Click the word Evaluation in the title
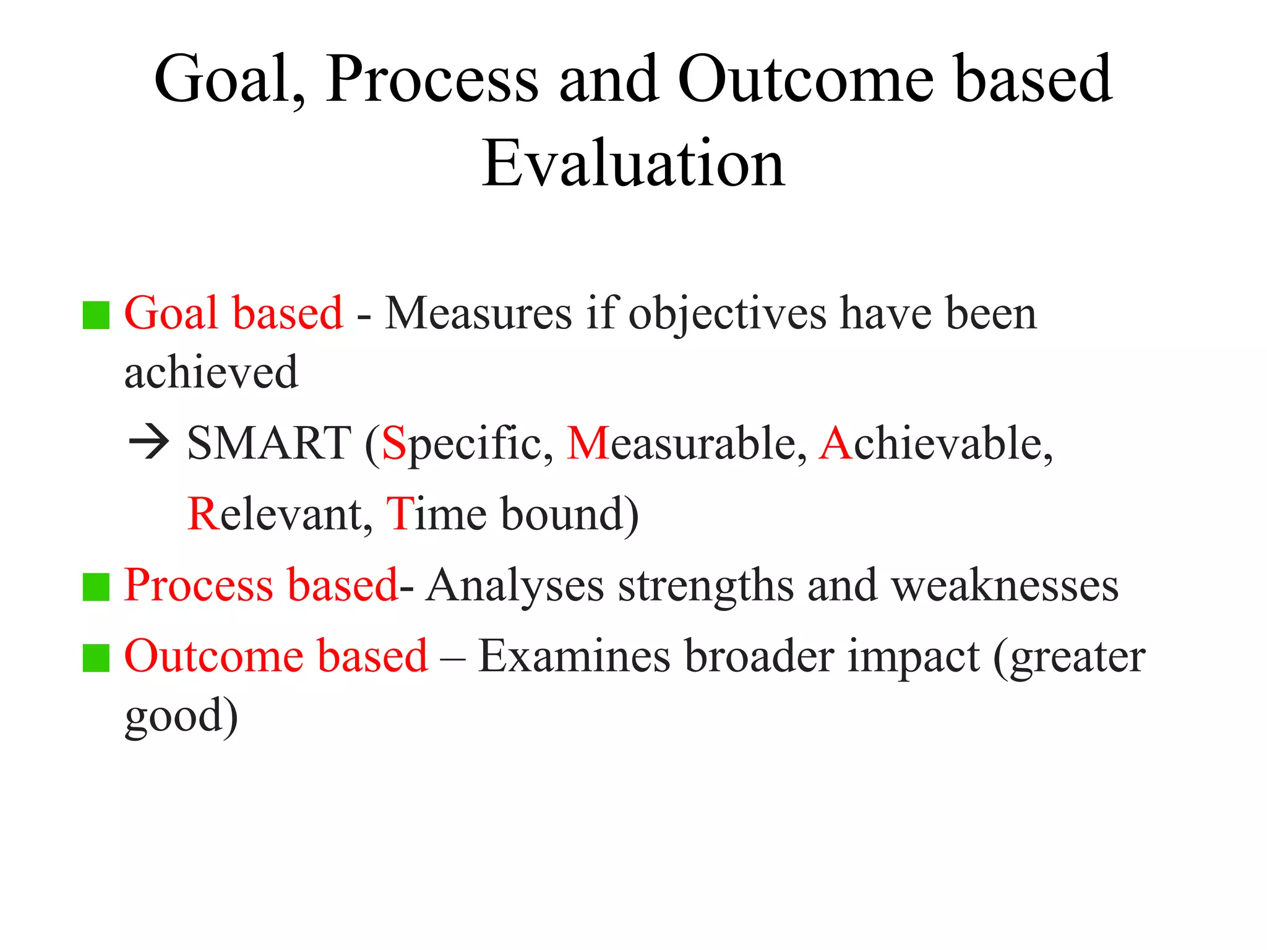tap(633, 164)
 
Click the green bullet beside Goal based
tap(96, 315)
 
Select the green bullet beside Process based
tap(96, 587)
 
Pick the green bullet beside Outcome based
tap(96, 657)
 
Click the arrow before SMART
tap(148, 443)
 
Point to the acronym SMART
tap(269, 443)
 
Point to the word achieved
tap(211, 373)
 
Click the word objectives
tap(728, 314)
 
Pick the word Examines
tap(574, 656)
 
